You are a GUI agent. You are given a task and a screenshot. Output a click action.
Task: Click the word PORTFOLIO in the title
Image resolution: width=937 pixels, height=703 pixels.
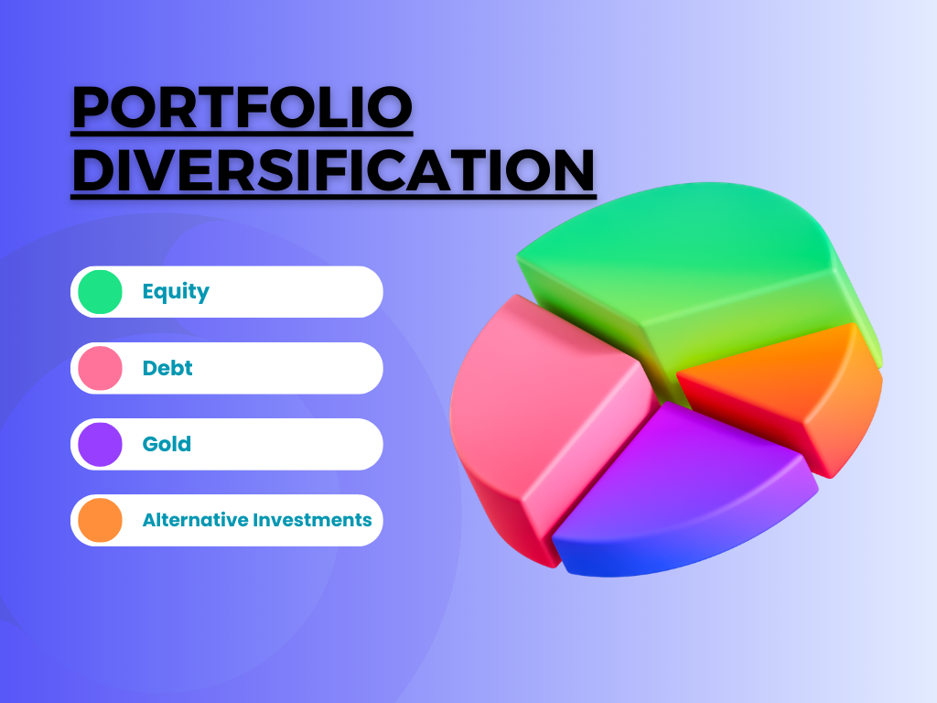pyautogui.click(x=242, y=108)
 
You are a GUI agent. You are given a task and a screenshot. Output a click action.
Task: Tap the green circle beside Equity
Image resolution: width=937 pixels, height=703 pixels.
pyautogui.click(x=100, y=292)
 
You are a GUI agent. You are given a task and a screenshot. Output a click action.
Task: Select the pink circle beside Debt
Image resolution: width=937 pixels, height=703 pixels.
pyautogui.click(x=100, y=368)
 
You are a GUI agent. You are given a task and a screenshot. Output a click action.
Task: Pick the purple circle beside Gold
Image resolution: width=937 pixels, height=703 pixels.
pyautogui.click(x=100, y=444)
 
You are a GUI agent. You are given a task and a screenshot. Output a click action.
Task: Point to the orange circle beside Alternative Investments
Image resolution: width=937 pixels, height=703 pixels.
pyautogui.click(x=100, y=520)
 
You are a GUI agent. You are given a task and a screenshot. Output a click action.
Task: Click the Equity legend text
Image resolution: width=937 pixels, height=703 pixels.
pyautogui.click(x=176, y=292)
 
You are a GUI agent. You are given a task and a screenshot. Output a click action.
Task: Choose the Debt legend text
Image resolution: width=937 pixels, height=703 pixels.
pyautogui.click(x=167, y=368)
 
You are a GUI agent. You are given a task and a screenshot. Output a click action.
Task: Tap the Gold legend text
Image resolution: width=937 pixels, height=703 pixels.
pyautogui.click(x=167, y=444)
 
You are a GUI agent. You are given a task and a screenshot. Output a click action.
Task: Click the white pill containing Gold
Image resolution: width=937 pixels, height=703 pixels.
pyautogui.click(x=275, y=444)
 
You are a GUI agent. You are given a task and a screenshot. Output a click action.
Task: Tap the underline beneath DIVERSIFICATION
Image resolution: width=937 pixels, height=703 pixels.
pyautogui.click(x=333, y=195)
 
